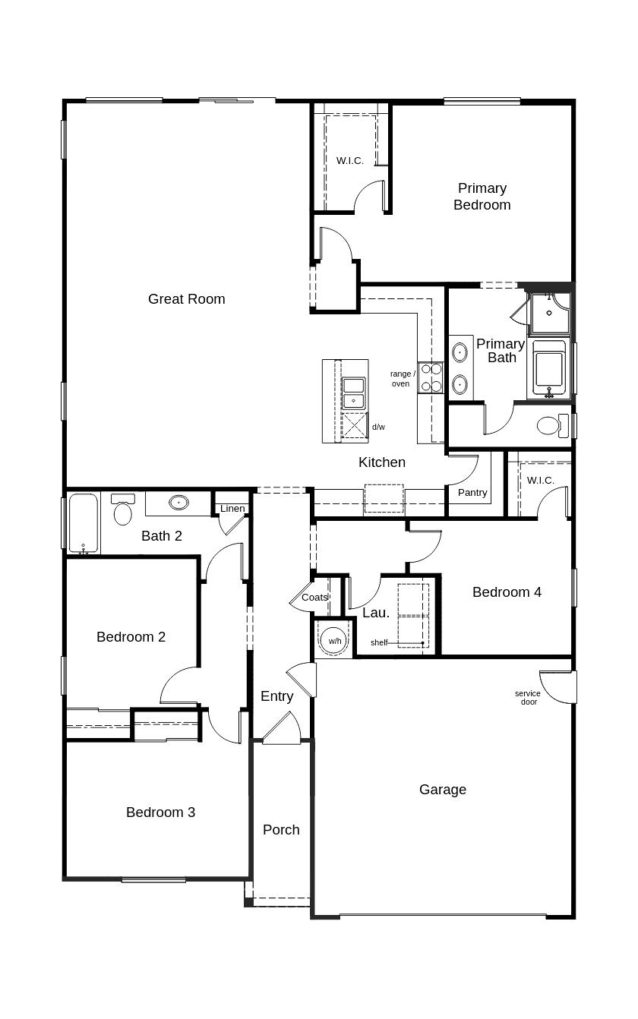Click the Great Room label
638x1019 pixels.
(x=186, y=299)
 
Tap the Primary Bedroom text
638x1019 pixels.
(x=482, y=197)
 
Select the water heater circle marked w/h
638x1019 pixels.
(x=335, y=640)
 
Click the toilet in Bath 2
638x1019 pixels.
(x=122, y=510)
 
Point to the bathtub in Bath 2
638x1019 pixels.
(x=83, y=523)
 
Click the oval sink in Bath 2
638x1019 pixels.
(x=178, y=503)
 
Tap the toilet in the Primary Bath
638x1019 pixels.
(x=551, y=425)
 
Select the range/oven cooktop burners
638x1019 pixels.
(x=431, y=377)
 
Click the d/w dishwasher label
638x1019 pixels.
(x=378, y=427)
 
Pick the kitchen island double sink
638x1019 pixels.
(x=353, y=393)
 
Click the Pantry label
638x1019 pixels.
(x=472, y=493)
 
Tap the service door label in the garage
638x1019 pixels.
(x=528, y=698)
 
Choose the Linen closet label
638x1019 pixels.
(x=232, y=509)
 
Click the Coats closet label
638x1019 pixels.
(x=314, y=598)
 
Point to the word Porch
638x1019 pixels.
(x=281, y=830)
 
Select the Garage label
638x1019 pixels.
(x=443, y=790)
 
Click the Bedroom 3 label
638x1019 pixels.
(x=160, y=812)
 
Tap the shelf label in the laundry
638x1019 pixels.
(x=379, y=643)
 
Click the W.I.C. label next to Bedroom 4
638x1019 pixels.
(x=540, y=481)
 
